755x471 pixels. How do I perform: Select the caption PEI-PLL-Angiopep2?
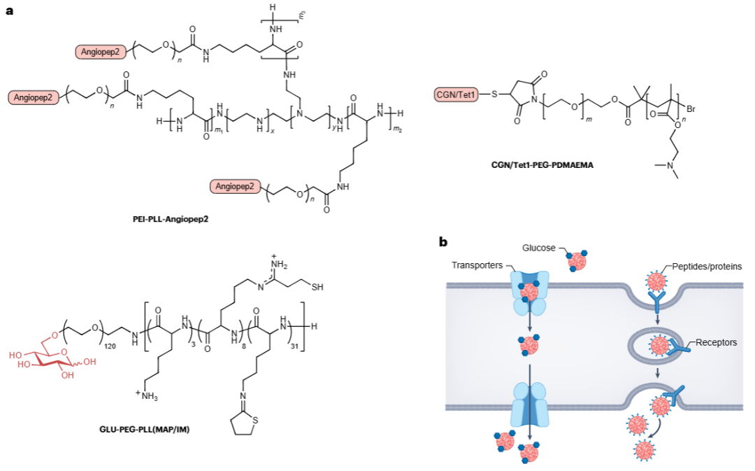tap(171, 218)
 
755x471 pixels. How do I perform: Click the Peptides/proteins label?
tap(712, 267)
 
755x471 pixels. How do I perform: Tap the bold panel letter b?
tap(443, 242)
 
